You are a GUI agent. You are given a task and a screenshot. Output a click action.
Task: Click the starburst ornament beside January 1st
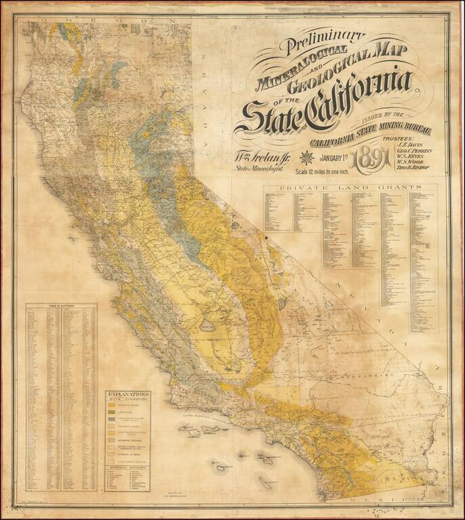point(306,158)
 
